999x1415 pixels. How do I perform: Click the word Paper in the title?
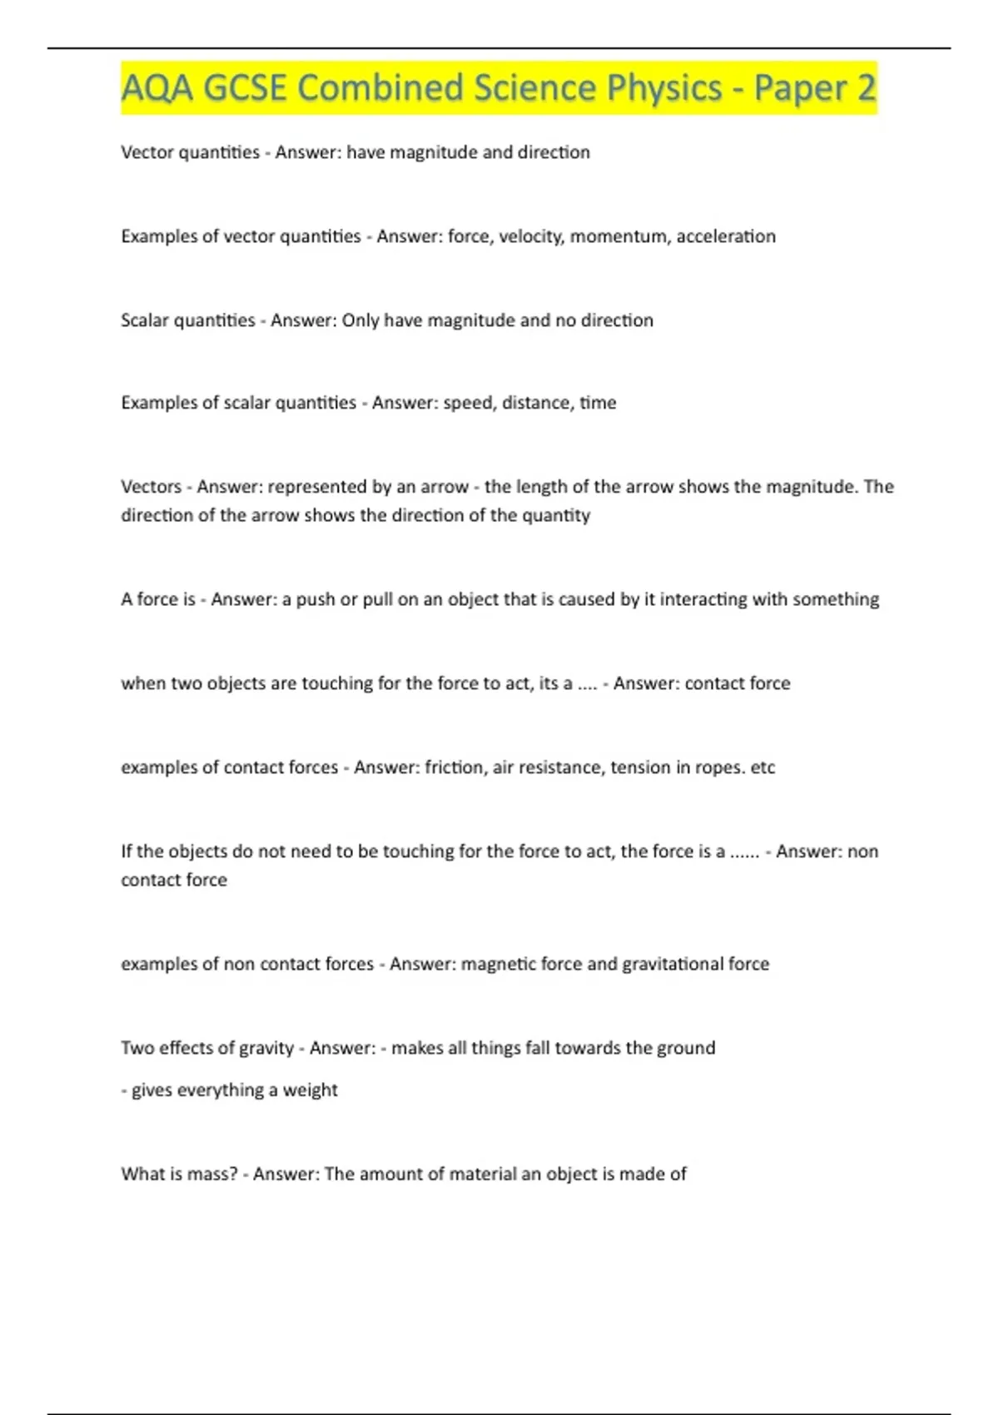(x=799, y=88)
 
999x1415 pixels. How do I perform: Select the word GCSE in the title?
(x=245, y=88)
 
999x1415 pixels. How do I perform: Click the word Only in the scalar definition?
(x=360, y=320)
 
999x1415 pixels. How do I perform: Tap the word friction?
(x=455, y=767)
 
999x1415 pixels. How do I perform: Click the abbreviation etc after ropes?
(x=763, y=767)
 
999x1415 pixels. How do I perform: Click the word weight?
(x=310, y=1090)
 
